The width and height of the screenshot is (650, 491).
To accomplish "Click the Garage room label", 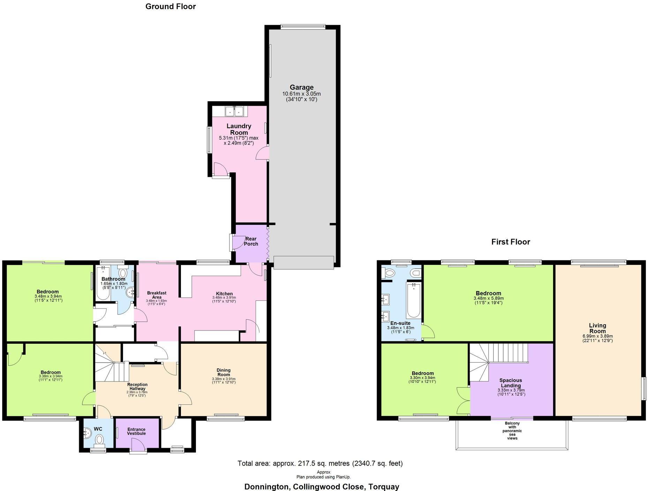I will coord(302,87).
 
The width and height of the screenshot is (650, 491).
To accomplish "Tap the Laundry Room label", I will coord(239,129).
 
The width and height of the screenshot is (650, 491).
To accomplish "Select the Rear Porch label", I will coord(251,241).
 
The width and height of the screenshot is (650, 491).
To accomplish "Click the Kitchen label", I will coord(224,293).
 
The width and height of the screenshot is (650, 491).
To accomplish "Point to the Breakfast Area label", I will coord(157,295).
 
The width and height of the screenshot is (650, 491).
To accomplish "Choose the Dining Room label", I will coord(224,372).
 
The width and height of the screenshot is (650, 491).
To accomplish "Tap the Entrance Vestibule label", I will coord(136,431).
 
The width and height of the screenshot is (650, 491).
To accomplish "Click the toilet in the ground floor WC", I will coord(100,439).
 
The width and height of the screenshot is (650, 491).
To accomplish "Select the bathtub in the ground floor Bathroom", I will coord(103,288).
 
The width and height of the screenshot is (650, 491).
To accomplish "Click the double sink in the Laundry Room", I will coord(234,111).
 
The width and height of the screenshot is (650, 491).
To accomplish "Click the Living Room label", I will coord(597,328).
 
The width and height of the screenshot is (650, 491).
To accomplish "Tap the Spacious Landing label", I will coord(511,383).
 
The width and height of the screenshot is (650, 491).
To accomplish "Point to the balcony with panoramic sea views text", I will coord(512,431).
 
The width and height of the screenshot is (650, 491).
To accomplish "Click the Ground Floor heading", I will coord(171,6).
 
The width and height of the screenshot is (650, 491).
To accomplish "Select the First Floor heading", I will coord(511,242).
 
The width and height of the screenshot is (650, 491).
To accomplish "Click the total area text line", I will coord(320,463).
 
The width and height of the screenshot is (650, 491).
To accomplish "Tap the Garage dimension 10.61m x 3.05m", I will coord(302,94).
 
